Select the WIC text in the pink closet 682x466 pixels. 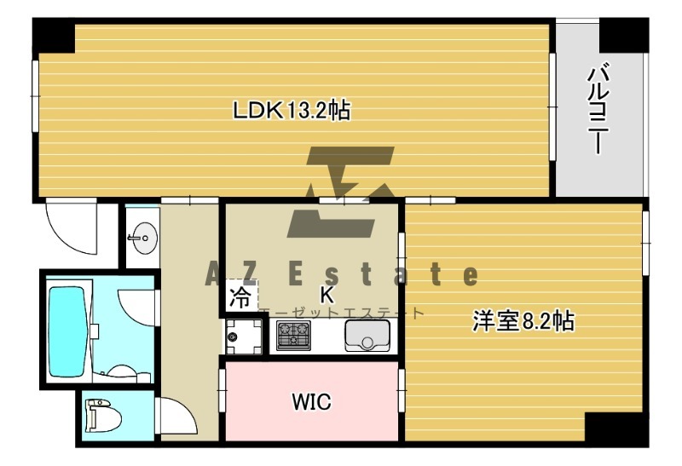click(x=310, y=401)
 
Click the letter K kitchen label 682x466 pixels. click(x=326, y=295)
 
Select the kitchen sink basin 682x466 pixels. click(x=367, y=337)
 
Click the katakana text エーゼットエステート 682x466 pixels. click(x=341, y=313)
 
